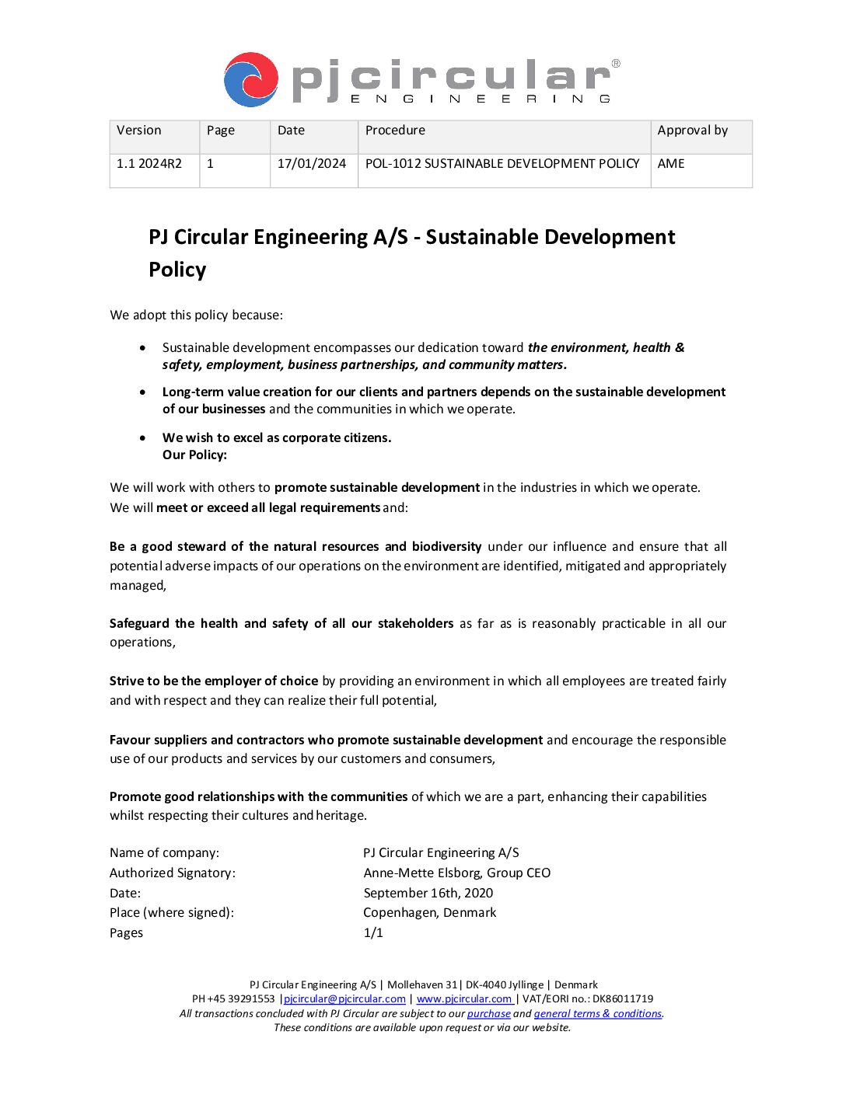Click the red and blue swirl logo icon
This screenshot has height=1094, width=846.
(250, 79)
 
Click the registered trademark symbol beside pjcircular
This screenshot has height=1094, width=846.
(616, 64)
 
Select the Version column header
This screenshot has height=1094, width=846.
(139, 131)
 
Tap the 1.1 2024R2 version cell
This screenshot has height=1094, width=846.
(149, 164)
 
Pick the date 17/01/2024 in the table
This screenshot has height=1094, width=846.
(312, 164)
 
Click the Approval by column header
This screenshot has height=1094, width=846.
(693, 131)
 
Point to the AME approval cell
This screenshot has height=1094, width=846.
(671, 164)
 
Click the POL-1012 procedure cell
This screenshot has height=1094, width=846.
(502, 164)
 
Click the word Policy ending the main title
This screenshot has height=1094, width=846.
(177, 270)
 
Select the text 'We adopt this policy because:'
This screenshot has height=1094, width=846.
(197, 315)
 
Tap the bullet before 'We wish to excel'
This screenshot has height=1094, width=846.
(142, 437)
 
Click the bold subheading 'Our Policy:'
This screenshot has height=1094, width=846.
(194, 455)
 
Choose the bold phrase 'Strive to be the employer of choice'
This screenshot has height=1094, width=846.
(214, 681)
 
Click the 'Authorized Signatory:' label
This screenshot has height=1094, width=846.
(173, 873)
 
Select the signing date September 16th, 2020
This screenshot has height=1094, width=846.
(428, 894)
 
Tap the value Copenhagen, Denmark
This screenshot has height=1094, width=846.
(430, 913)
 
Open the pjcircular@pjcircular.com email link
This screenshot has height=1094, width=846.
(344, 999)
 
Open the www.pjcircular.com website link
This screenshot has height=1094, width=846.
(464, 999)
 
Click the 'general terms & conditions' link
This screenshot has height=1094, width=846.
(598, 1014)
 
